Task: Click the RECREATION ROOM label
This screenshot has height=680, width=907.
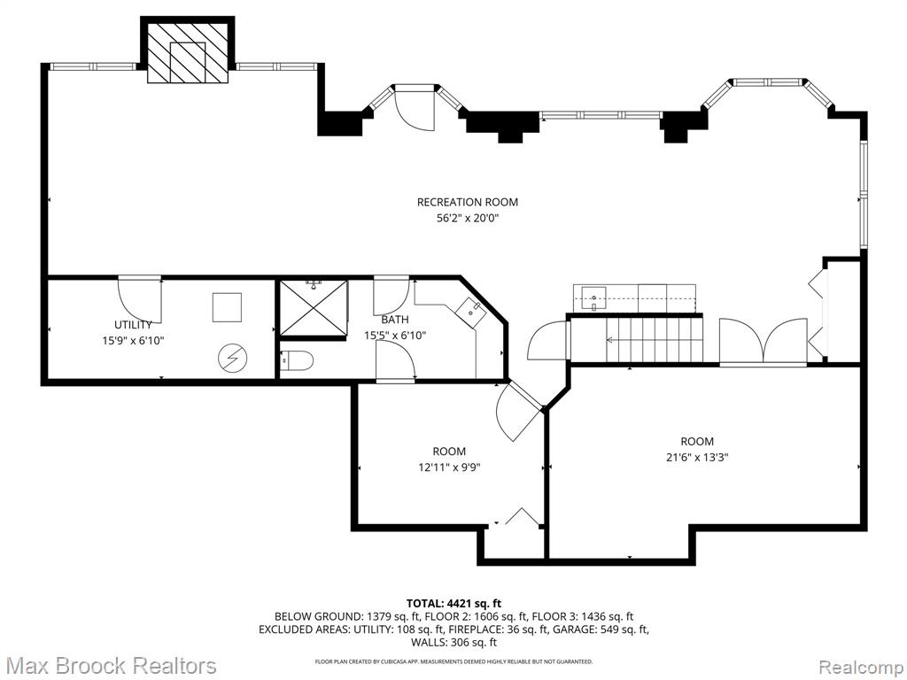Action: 468,202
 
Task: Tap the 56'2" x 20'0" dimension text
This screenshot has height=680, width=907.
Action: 468,218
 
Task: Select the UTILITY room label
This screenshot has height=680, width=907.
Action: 133,324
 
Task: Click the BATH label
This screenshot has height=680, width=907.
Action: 395,319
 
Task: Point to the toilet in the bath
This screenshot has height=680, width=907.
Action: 297,361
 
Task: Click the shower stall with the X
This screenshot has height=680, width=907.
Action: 314,307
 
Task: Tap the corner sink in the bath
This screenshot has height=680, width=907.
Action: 470,311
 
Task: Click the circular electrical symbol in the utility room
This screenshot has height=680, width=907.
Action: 232,359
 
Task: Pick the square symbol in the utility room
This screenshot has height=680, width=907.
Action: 227,307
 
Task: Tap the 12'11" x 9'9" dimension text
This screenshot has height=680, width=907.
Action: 449,467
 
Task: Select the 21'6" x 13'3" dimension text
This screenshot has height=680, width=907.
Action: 697,458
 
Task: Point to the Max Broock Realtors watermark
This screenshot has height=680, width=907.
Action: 110,666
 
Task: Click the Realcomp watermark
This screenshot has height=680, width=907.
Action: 860,666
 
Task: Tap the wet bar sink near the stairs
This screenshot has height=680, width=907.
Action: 590,298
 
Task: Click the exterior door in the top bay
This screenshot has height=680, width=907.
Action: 415,110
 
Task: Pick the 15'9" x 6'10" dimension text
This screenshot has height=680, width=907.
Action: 133,341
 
